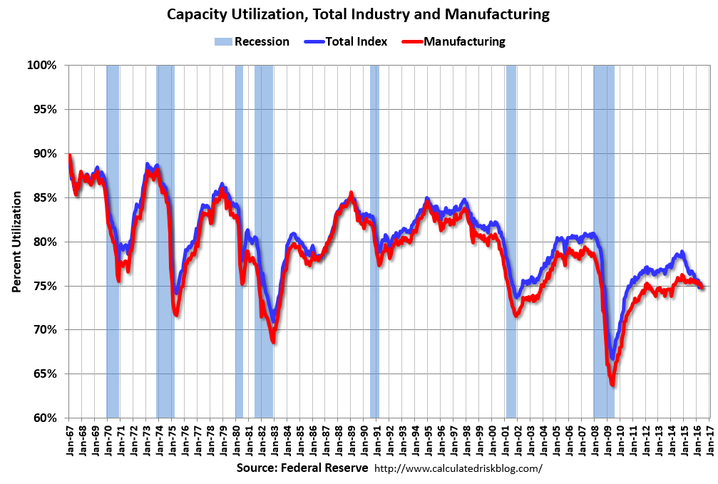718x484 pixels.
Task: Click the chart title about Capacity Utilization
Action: [359, 14]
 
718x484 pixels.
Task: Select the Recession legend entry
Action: [252, 41]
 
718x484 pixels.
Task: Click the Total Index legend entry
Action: [347, 41]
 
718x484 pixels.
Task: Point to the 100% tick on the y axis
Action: [41, 66]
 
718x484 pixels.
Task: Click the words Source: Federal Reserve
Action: [302, 468]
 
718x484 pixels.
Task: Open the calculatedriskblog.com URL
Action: [458, 469]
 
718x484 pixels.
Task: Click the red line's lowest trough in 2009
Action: [612, 385]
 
